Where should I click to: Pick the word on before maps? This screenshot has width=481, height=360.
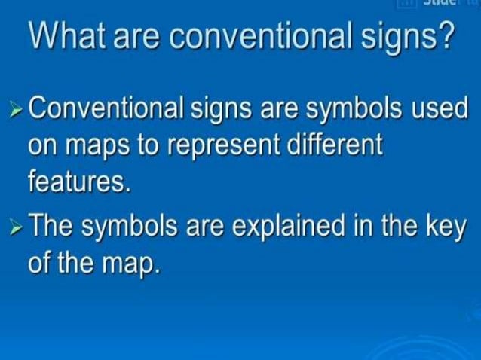[x=41, y=148]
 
